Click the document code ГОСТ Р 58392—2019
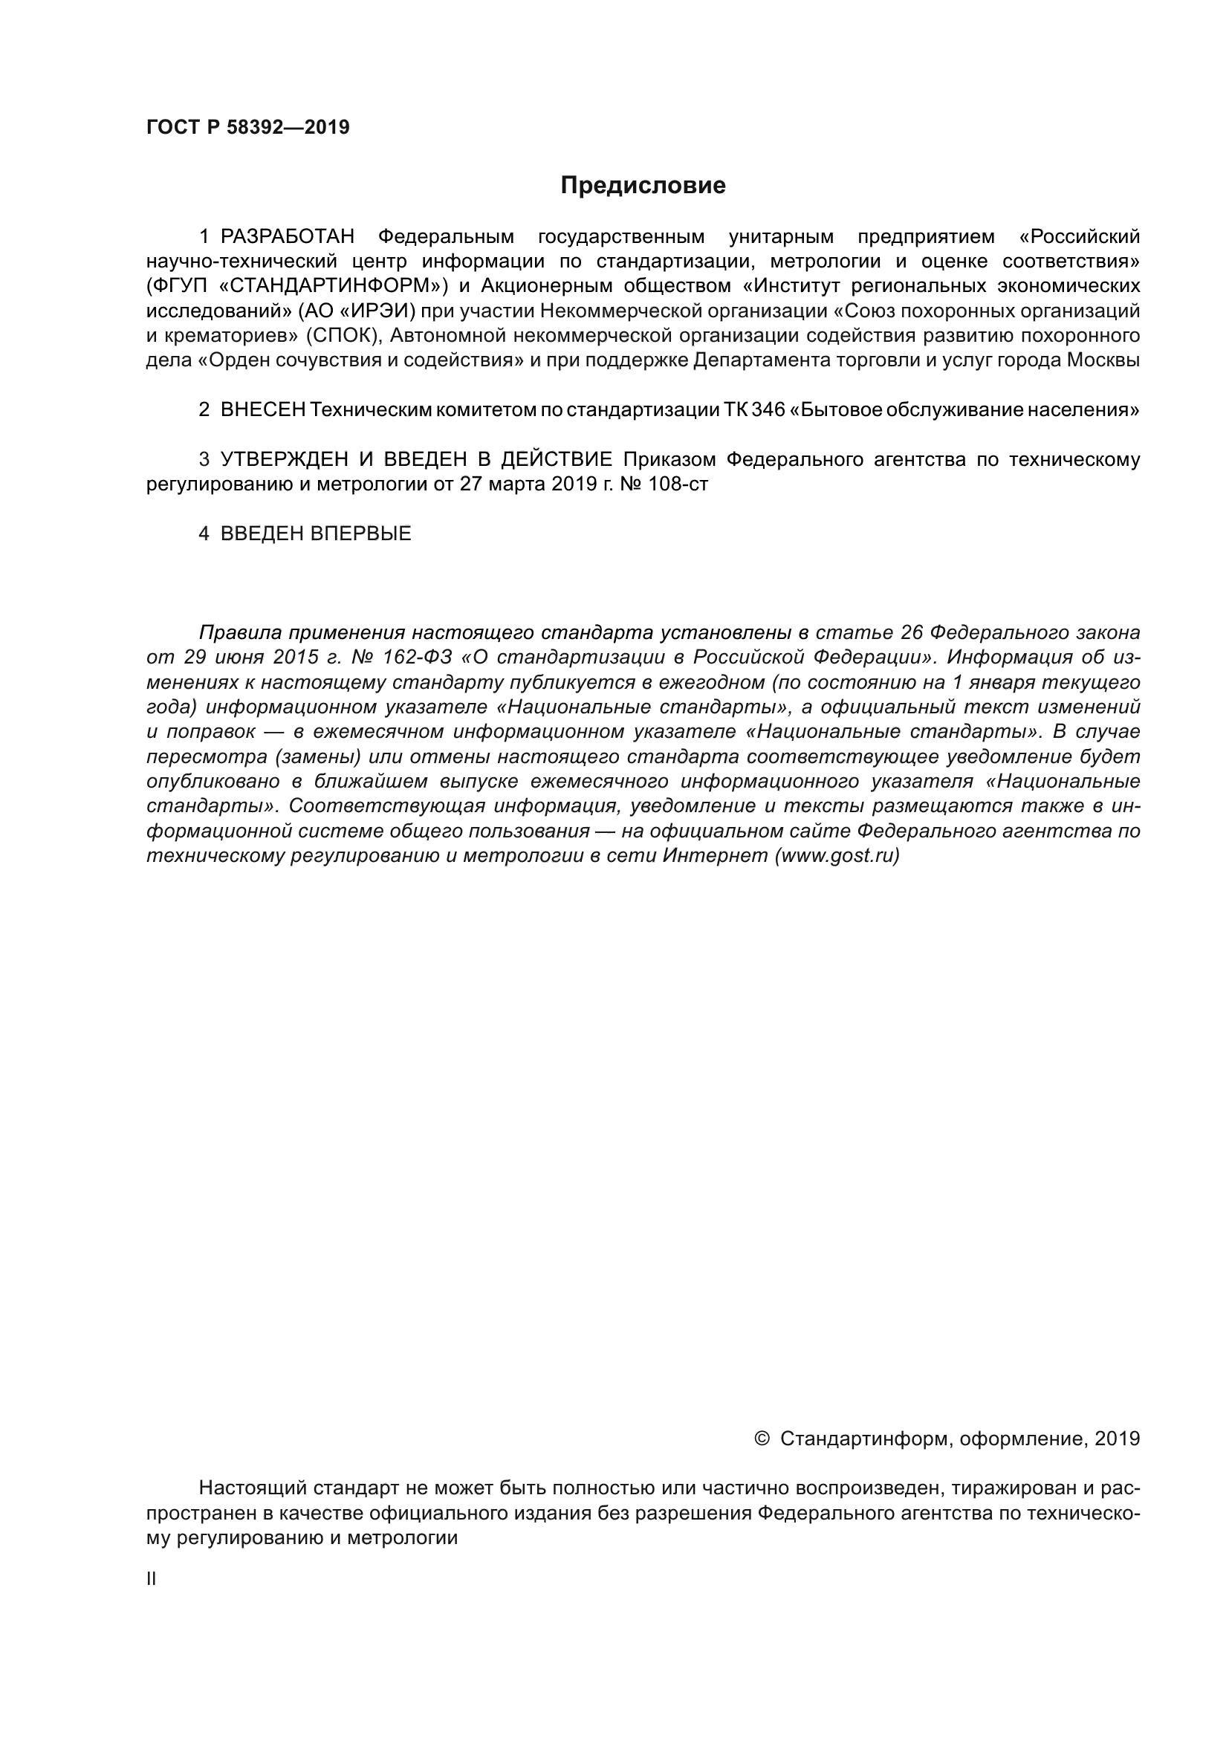click(247, 127)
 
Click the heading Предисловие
click(643, 186)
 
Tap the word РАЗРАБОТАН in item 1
click(288, 237)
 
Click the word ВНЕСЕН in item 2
click(262, 410)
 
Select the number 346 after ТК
click(769, 410)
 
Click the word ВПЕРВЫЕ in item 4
click(360, 534)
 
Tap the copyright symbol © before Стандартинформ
click(762, 1439)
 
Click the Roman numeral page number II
click(151, 1579)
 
